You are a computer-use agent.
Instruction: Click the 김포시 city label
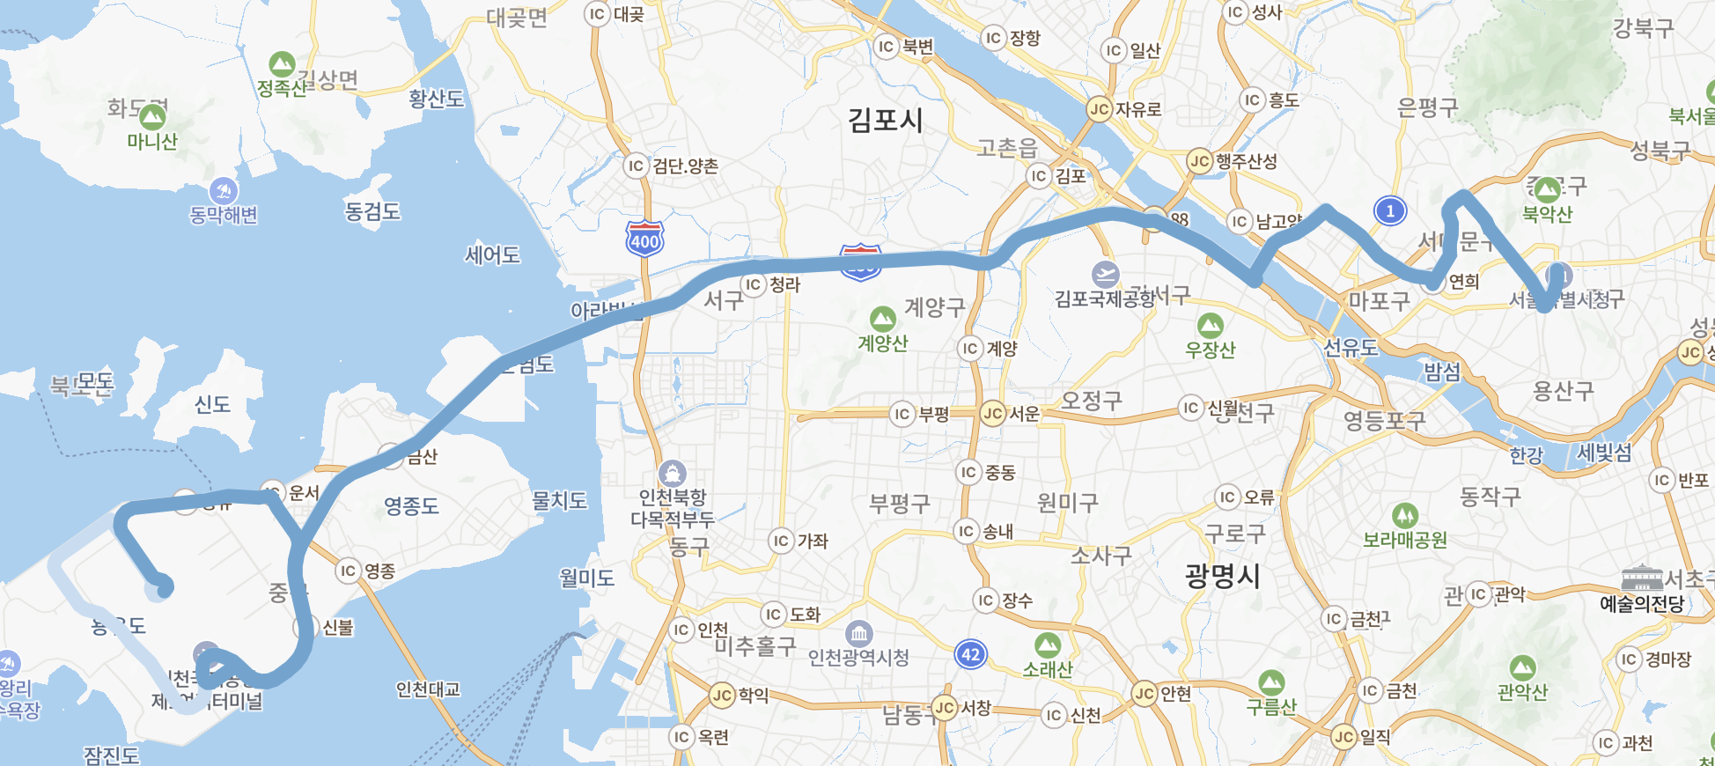click(885, 120)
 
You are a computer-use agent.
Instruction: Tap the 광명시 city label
click(1222, 577)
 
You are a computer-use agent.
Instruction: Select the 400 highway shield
click(644, 239)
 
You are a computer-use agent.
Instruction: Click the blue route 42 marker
click(970, 654)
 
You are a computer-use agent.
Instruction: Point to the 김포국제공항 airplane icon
click(1105, 274)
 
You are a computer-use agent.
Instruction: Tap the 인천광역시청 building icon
click(858, 633)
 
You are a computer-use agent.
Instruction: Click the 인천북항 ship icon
click(672, 474)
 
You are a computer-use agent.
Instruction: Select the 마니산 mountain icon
click(152, 116)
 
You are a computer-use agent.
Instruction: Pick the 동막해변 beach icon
click(224, 190)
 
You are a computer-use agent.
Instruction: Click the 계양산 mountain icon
click(882, 319)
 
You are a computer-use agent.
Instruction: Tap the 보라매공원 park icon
click(1404, 515)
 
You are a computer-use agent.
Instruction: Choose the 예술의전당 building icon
click(1642, 578)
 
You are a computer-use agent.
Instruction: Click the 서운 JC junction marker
click(993, 414)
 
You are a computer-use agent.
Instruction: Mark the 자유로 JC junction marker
click(1099, 109)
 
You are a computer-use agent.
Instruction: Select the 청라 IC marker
click(753, 284)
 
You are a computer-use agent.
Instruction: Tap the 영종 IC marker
click(349, 571)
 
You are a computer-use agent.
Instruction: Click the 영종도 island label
click(411, 506)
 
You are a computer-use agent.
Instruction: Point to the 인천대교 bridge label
click(428, 689)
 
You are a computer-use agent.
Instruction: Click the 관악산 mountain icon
click(1522, 668)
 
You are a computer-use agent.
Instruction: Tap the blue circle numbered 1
click(1390, 210)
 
